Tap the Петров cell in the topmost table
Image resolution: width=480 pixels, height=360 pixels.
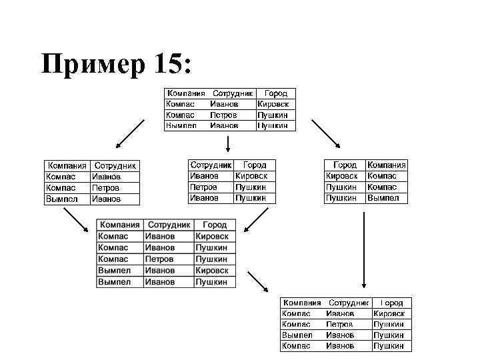pyautogui.click(x=224, y=115)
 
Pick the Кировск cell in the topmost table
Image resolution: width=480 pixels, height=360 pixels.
pyautogui.click(x=274, y=104)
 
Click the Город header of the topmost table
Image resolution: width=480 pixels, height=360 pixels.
pyautogui.click(x=275, y=94)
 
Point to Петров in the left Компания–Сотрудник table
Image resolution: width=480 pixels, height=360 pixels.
pyautogui.click(x=106, y=188)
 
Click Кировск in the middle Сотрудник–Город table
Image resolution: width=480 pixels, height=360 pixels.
pyautogui.click(x=251, y=176)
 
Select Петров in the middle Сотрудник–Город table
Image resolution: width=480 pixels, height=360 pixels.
pyautogui.click(x=204, y=187)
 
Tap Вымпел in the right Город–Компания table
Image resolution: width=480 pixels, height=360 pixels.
pyautogui.click(x=383, y=197)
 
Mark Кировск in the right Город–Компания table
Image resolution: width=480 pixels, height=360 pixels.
pyautogui.click(x=341, y=176)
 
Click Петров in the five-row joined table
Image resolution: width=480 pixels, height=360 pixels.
pyautogui.click(x=159, y=259)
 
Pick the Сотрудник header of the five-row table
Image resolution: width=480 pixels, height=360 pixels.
pyautogui.click(x=169, y=225)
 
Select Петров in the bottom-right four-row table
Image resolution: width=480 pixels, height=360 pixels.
pyautogui.click(x=340, y=324)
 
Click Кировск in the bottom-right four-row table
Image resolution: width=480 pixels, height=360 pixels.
pyautogui.click(x=389, y=313)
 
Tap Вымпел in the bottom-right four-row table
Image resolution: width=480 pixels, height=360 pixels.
pyautogui.click(x=297, y=335)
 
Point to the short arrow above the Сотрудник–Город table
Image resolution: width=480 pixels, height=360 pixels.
pyautogui.click(x=229, y=144)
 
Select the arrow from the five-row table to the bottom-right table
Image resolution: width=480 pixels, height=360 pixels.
pyautogui.click(x=257, y=281)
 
